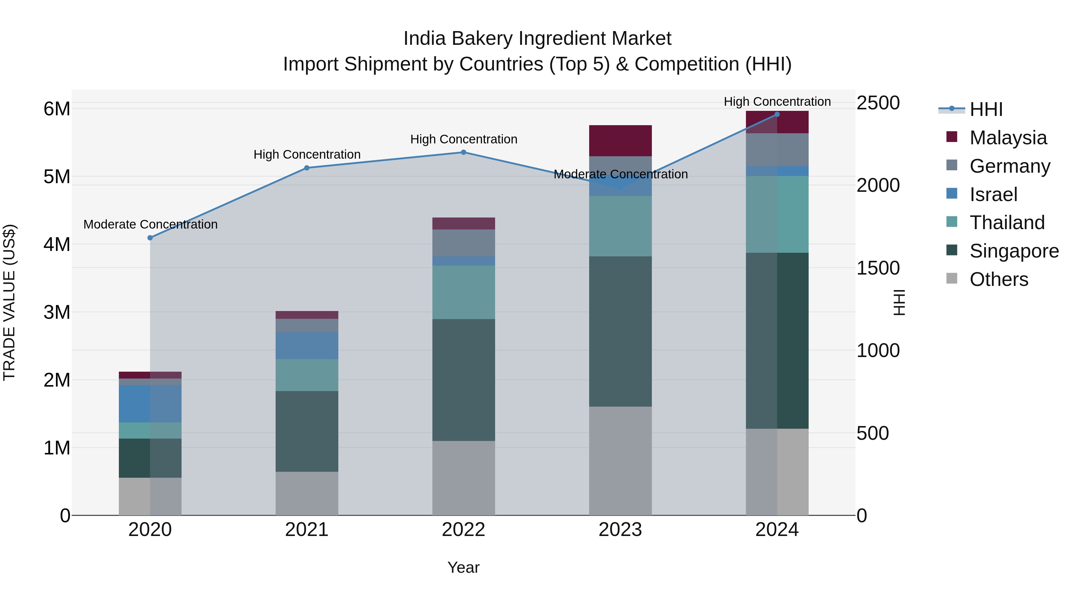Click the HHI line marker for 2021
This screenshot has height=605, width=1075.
point(307,168)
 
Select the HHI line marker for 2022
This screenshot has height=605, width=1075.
point(463,152)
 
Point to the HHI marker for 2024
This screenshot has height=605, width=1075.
point(777,114)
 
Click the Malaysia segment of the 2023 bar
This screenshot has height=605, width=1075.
point(620,141)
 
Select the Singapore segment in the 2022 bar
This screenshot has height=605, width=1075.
point(463,380)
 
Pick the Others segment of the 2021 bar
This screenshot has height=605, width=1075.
point(307,494)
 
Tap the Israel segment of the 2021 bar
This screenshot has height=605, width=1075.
point(307,346)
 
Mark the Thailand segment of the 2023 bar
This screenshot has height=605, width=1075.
point(620,226)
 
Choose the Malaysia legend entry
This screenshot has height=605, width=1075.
point(1008,138)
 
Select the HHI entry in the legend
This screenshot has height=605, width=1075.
point(986,109)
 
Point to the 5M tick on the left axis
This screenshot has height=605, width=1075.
point(57,177)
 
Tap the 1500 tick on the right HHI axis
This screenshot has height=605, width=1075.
point(878,268)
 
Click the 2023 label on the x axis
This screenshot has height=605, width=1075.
point(620,530)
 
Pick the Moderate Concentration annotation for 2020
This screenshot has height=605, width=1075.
point(150,224)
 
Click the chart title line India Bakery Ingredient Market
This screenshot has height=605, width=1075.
point(537,39)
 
